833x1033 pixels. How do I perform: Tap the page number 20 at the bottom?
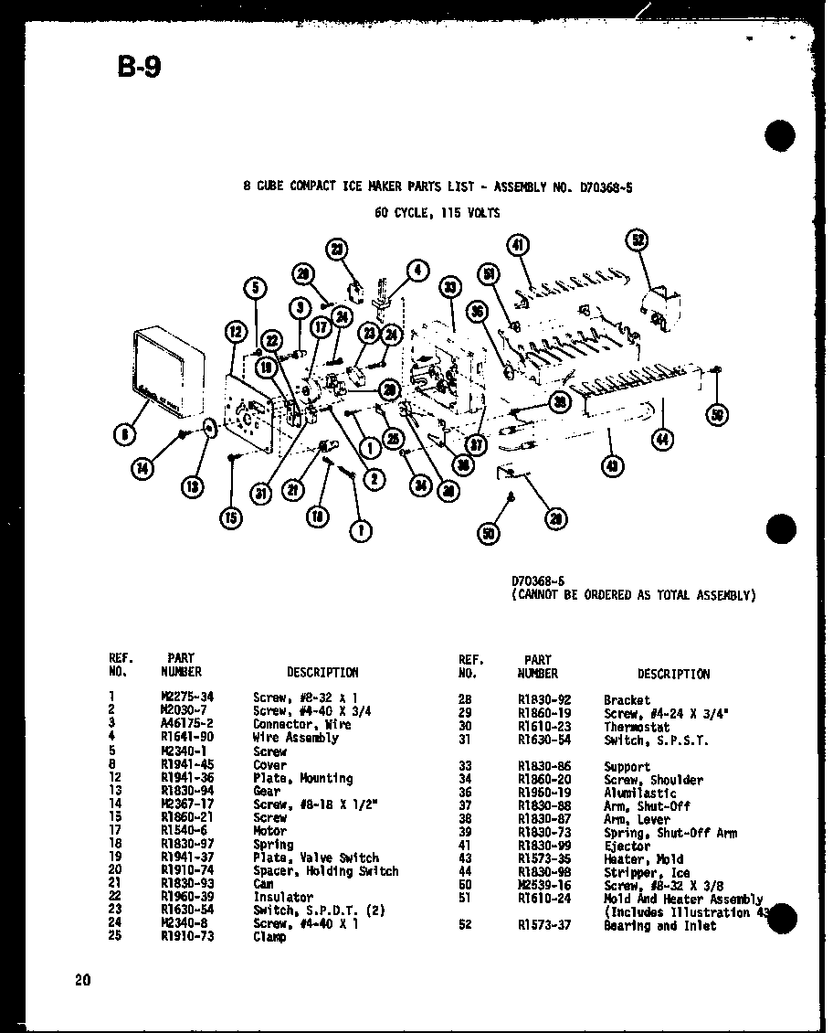pyautogui.click(x=83, y=981)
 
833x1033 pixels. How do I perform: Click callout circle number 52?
pyautogui.click(x=637, y=241)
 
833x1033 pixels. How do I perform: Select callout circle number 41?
pyautogui.click(x=519, y=245)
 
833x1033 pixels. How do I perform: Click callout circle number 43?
pyautogui.click(x=611, y=465)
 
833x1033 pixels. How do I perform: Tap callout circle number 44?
pyautogui.click(x=660, y=440)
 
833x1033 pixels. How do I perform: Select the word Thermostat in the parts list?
pyautogui.click(x=636, y=727)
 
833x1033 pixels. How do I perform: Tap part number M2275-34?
pyautogui.click(x=185, y=697)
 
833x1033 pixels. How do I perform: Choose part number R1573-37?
pyautogui.click(x=538, y=926)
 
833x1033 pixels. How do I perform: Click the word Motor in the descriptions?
pyautogui.click(x=269, y=831)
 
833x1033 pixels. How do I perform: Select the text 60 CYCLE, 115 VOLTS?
pyautogui.click(x=438, y=213)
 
